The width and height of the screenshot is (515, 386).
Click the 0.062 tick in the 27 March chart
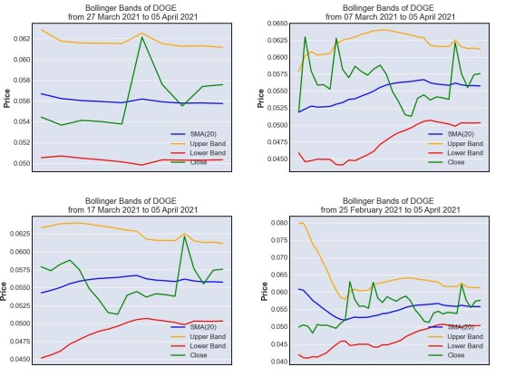(22, 39)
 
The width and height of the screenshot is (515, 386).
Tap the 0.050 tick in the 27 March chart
(22, 163)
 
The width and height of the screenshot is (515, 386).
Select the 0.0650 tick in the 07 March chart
(277, 24)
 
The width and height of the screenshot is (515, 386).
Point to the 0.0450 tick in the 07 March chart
(277, 159)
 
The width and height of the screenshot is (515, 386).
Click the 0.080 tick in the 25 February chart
(279, 223)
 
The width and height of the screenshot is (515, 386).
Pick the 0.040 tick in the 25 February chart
(279, 362)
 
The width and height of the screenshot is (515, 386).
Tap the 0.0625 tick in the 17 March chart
(20, 234)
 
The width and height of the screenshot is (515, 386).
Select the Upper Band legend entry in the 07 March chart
(455, 143)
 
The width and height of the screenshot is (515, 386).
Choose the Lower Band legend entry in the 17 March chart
(198, 346)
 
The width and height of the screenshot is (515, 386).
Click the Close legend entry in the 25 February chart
(446, 355)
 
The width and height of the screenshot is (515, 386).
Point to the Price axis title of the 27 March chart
(6, 98)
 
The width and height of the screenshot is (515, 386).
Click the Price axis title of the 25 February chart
(264, 291)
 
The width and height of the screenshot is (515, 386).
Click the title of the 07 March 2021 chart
(390, 13)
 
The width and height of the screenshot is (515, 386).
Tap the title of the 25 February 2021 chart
(390, 206)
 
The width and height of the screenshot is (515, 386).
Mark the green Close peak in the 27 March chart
(141, 37)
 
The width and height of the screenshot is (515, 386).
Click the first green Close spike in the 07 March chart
(306, 37)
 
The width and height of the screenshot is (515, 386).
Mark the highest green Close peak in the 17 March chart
(184, 236)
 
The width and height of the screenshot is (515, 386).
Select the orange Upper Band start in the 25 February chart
(299, 224)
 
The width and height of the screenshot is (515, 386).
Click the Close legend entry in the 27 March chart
(189, 162)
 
